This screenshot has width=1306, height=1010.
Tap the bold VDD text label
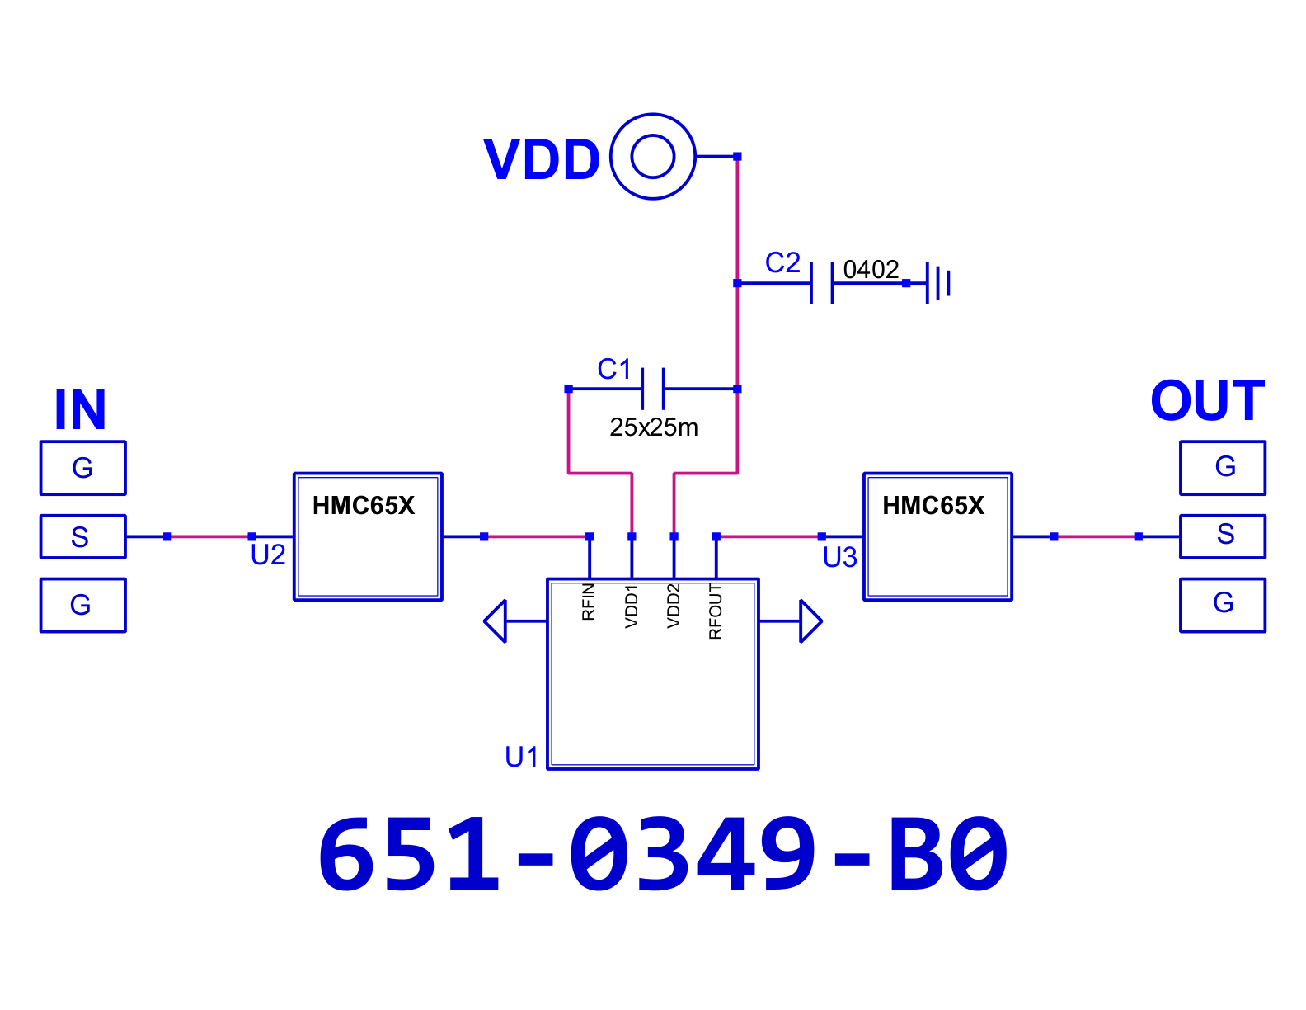(542, 159)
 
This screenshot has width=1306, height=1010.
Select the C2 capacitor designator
(782, 262)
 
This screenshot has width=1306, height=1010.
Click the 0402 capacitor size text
(871, 270)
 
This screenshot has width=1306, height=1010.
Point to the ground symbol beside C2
(938, 283)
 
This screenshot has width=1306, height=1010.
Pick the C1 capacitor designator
(613, 369)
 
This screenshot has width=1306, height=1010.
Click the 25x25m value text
(654, 427)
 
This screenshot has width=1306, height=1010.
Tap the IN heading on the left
(81, 409)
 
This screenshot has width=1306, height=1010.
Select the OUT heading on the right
(1208, 401)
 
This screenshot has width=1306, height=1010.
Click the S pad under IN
(83, 536)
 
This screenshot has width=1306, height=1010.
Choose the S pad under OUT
(1223, 536)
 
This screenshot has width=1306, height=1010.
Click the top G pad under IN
(83, 468)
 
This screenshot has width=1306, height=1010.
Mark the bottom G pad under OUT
(1223, 605)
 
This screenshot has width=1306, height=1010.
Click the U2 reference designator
(268, 555)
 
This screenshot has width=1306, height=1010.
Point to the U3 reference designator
(840, 558)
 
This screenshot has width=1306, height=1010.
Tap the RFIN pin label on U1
(589, 602)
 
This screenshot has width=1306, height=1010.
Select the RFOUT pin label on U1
(715, 611)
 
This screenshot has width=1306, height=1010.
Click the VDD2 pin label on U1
(673, 606)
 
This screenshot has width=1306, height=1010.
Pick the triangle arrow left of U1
(496, 621)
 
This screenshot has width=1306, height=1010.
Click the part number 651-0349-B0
(663, 854)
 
